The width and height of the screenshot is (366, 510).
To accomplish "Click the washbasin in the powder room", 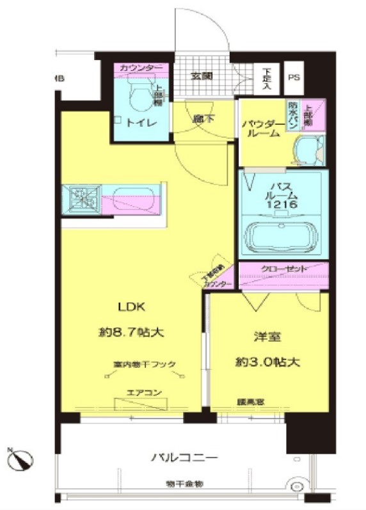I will point(306,151).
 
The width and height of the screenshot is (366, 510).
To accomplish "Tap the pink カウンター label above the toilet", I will point(141,67).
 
